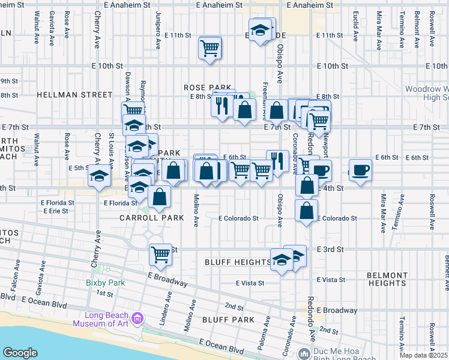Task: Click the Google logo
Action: click(20, 353)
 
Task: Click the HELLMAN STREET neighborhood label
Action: click(74, 95)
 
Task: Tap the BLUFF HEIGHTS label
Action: click(238, 262)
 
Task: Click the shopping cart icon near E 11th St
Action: click(209, 48)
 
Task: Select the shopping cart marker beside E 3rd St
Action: click(160, 254)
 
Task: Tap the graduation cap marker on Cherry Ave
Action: click(99, 176)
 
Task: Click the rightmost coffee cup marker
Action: click(360, 171)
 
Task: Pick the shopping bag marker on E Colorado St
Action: click(306, 211)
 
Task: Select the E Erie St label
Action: click(55, 211)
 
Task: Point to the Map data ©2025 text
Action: click(424, 355)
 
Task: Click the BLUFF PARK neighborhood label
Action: click(229, 320)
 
